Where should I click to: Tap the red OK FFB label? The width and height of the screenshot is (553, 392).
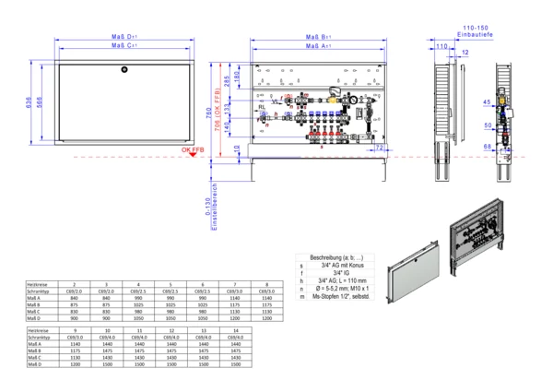pos(194,148)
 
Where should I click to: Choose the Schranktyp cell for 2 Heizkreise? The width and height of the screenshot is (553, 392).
pos(76,291)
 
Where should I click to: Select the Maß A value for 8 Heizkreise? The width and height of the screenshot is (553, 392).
pos(266,298)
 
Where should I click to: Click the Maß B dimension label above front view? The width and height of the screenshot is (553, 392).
pos(318,38)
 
